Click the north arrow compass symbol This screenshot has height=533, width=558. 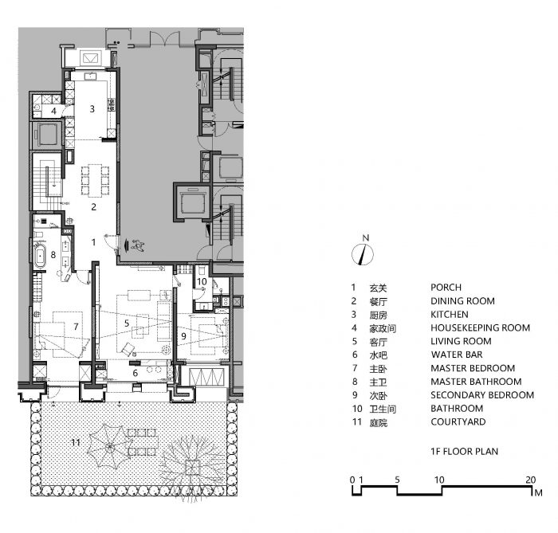pyautogui.click(x=362, y=255)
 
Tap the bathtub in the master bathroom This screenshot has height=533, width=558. pyautogui.click(x=40, y=255)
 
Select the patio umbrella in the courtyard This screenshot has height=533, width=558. pyautogui.click(x=109, y=446)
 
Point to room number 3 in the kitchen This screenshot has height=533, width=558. pyautogui.click(x=92, y=109)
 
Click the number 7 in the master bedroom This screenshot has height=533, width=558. pyautogui.click(x=76, y=326)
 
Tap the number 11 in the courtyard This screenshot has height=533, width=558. pyautogui.click(x=76, y=442)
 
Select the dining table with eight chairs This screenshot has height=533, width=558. pyautogui.click(x=95, y=180)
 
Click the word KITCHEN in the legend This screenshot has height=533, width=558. pyautogui.click(x=450, y=315)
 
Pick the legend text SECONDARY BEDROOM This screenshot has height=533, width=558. pyautogui.click(x=482, y=394)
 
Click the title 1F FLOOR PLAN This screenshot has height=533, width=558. pyautogui.click(x=465, y=451)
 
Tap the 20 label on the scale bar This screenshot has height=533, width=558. pyautogui.click(x=531, y=480)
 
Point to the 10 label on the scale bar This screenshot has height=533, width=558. pyautogui.click(x=439, y=480)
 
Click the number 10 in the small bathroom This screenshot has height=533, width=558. pyautogui.click(x=202, y=281)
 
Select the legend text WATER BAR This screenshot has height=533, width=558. pyautogui.click(x=457, y=355)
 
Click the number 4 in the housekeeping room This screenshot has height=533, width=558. pyautogui.click(x=53, y=111)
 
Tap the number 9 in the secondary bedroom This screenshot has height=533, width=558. pyautogui.click(x=183, y=336)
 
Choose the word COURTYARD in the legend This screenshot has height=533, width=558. pyautogui.click(x=458, y=421)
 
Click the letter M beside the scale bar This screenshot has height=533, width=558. pyautogui.click(x=538, y=493)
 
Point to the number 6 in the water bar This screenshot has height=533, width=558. pyautogui.click(x=135, y=373)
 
